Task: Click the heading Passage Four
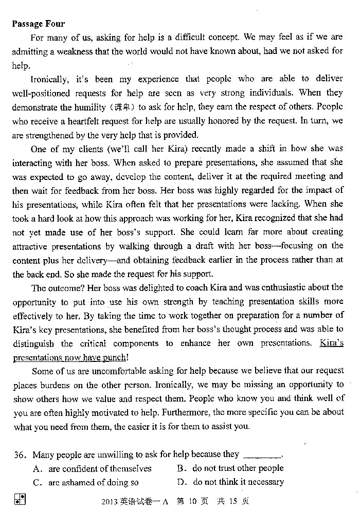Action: point(39,24)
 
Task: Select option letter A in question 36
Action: point(37,468)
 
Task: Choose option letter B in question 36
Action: point(181,468)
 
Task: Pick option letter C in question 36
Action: point(37,483)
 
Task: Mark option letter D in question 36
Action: point(181,482)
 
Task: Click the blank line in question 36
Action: point(262,456)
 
